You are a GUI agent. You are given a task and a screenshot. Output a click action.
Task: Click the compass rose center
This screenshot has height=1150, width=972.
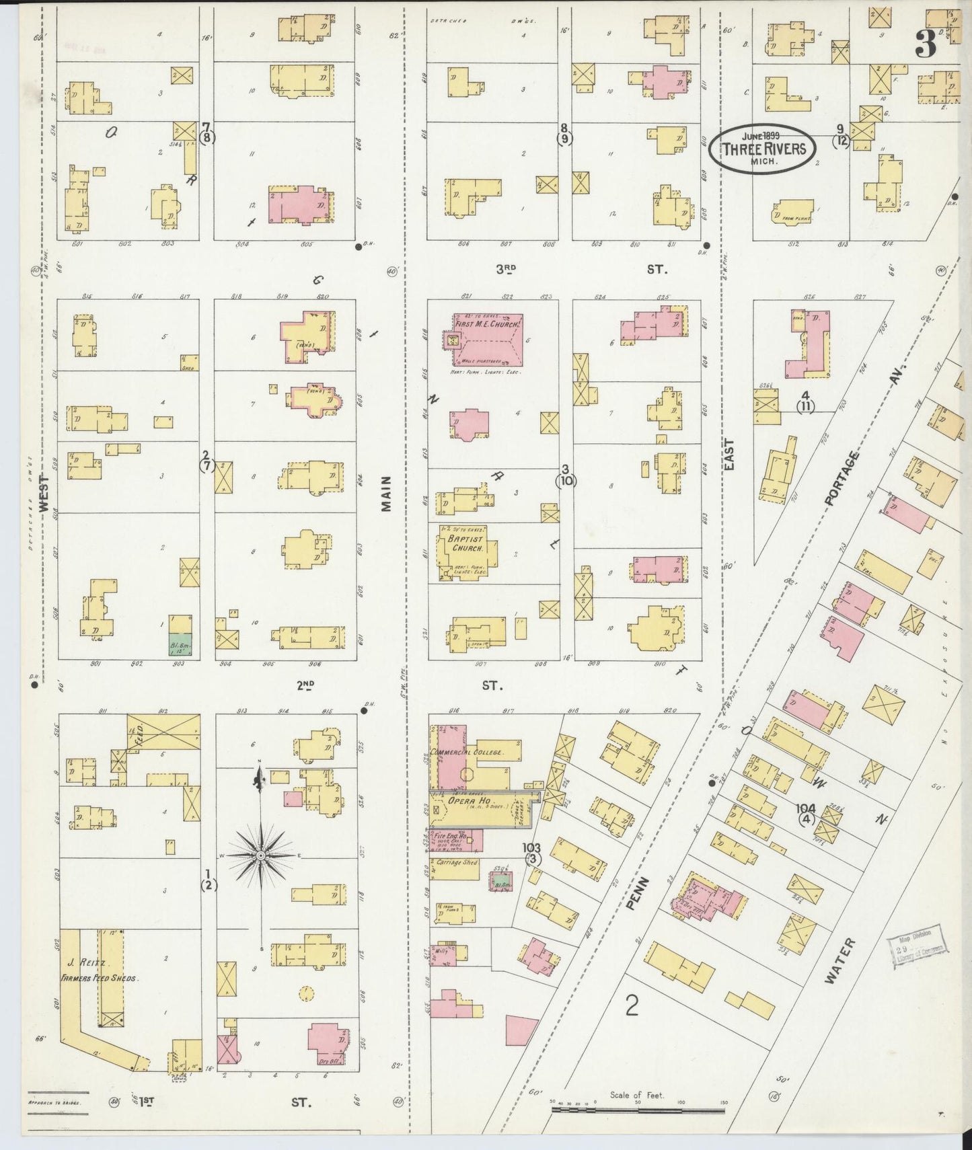pos(261,855)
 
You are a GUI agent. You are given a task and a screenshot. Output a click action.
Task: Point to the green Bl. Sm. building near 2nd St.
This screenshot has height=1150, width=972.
pos(179,644)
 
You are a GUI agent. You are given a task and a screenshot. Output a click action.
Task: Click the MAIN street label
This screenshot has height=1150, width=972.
pos(386,494)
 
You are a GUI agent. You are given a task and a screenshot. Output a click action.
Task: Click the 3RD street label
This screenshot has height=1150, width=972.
pos(505,269)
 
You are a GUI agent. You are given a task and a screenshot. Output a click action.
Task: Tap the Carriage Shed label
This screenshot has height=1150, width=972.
pos(457,861)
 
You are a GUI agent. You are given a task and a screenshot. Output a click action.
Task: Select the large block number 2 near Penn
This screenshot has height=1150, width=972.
pos(631,1005)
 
